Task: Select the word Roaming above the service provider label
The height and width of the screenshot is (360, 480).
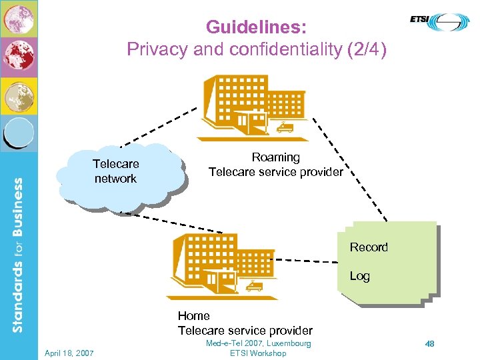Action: point(275,157)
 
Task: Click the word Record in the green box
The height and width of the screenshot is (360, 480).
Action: point(369,247)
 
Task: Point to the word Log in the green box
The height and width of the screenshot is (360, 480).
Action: point(360,276)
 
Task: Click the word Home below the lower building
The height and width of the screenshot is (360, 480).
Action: point(193,316)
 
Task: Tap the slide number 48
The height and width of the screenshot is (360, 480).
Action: point(430,344)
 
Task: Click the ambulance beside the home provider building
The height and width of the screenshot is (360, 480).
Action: point(254,287)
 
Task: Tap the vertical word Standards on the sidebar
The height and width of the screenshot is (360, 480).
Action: point(19,297)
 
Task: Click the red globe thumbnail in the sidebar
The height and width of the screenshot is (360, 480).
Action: point(18,57)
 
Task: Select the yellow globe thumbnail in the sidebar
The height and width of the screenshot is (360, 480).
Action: point(18,96)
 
